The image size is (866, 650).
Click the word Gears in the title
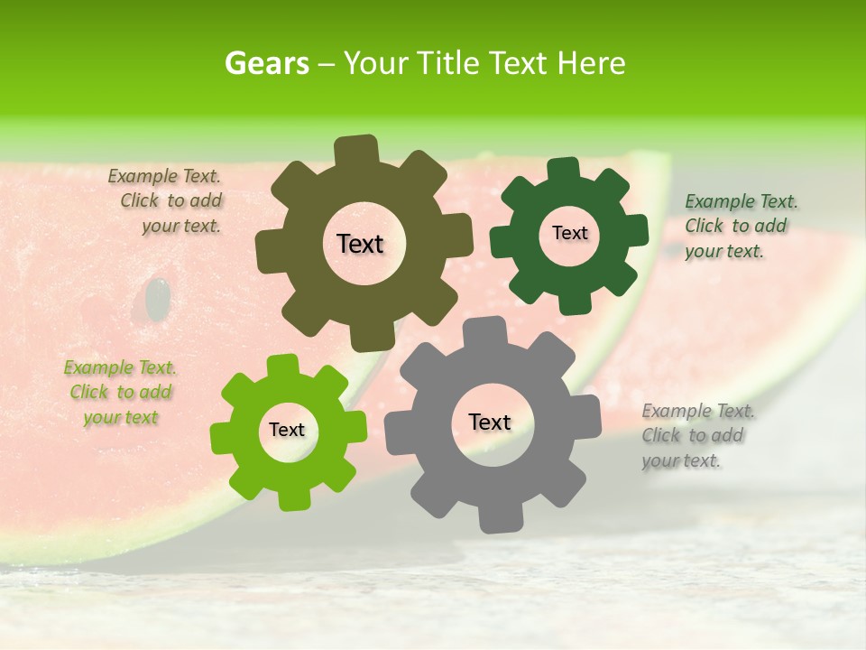coord(266,64)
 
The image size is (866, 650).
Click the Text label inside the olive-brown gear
coord(360,244)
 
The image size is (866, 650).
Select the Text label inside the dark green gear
coord(569,233)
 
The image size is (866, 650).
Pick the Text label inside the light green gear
coord(287,430)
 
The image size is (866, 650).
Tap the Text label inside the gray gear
coord(490,422)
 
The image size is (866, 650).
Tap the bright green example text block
coord(120,393)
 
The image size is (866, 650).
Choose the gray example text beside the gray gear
coord(697,436)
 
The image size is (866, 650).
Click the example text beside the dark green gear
coord(740,226)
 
